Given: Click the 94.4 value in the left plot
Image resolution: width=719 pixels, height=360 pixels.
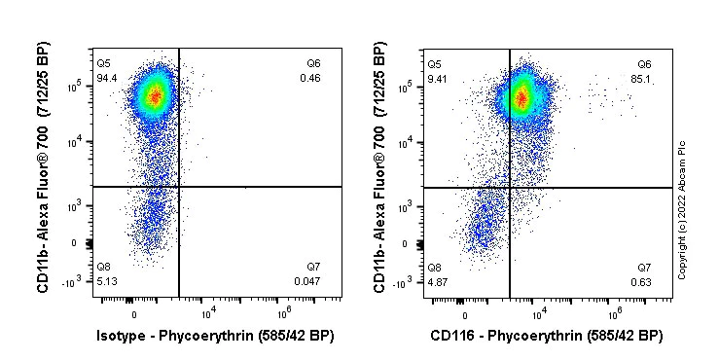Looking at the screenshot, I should tap(106, 78).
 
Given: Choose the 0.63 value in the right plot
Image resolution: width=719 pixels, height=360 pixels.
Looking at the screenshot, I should tap(643, 281).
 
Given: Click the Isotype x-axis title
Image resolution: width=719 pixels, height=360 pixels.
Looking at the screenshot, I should tap(215, 336).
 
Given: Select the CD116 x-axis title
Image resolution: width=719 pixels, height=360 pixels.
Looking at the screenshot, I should tap(548, 336).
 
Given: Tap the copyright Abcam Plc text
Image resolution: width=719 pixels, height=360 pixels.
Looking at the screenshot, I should tap(682, 209).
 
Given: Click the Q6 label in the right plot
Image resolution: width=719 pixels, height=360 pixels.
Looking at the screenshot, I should tap(644, 63).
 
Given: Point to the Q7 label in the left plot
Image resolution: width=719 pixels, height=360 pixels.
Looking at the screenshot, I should tap(313, 267).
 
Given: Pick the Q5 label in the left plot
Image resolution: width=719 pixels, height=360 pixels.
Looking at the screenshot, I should tap(103, 63).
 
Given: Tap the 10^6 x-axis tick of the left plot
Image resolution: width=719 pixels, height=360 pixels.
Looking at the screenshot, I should tap(284, 312).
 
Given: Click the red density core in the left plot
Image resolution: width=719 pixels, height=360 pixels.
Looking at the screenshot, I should tap(152, 96).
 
